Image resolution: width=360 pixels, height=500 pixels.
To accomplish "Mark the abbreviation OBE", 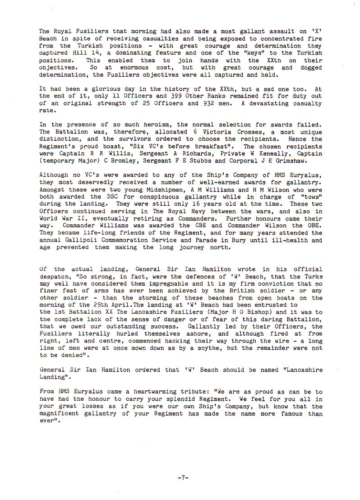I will tap(313, 226).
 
